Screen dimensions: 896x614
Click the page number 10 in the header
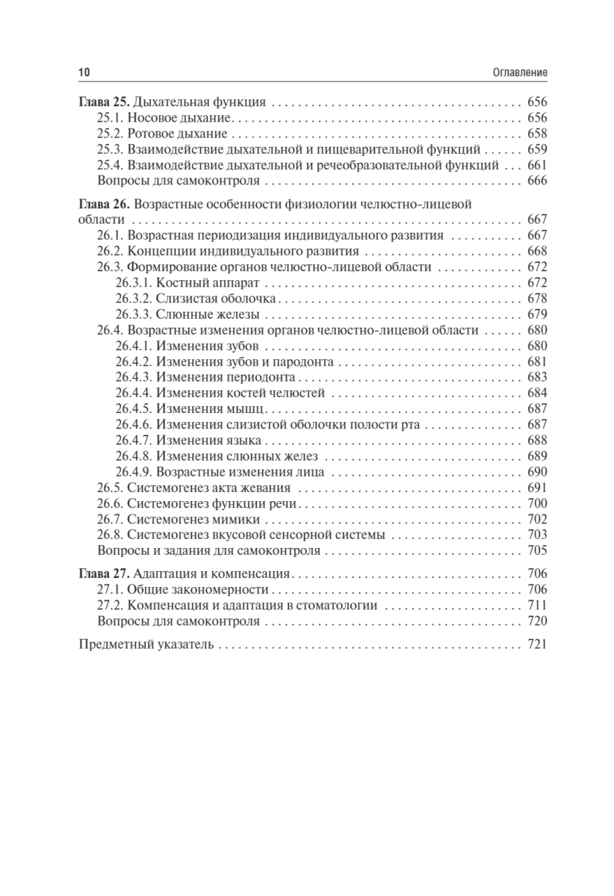point(84,72)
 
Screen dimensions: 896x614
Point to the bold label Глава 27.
point(105,574)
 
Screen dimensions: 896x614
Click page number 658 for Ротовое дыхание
point(537,134)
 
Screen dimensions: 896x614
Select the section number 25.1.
point(110,119)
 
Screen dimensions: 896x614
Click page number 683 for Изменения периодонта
point(537,377)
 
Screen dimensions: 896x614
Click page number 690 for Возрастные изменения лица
point(537,472)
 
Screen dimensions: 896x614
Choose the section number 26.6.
point(110,503)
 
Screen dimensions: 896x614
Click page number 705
point(537,551)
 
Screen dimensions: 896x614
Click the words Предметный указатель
point(146,644)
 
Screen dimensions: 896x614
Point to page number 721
point(537,644)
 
